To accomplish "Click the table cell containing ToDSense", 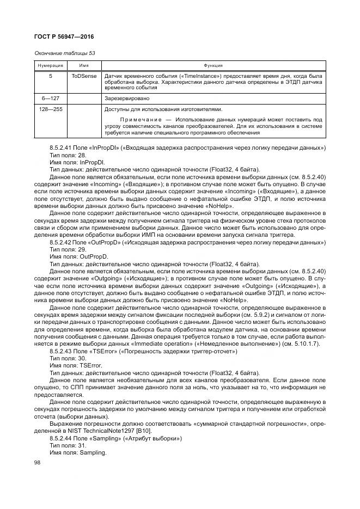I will click(x=84, y=76).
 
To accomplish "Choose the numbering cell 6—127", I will click(x=50, y=99).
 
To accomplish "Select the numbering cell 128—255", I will click(x=50, y=109).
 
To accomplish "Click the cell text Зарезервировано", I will click(x=127, y=99).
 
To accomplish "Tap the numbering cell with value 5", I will click(x=50, y=76).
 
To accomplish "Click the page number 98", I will click(x=38, y=463).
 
